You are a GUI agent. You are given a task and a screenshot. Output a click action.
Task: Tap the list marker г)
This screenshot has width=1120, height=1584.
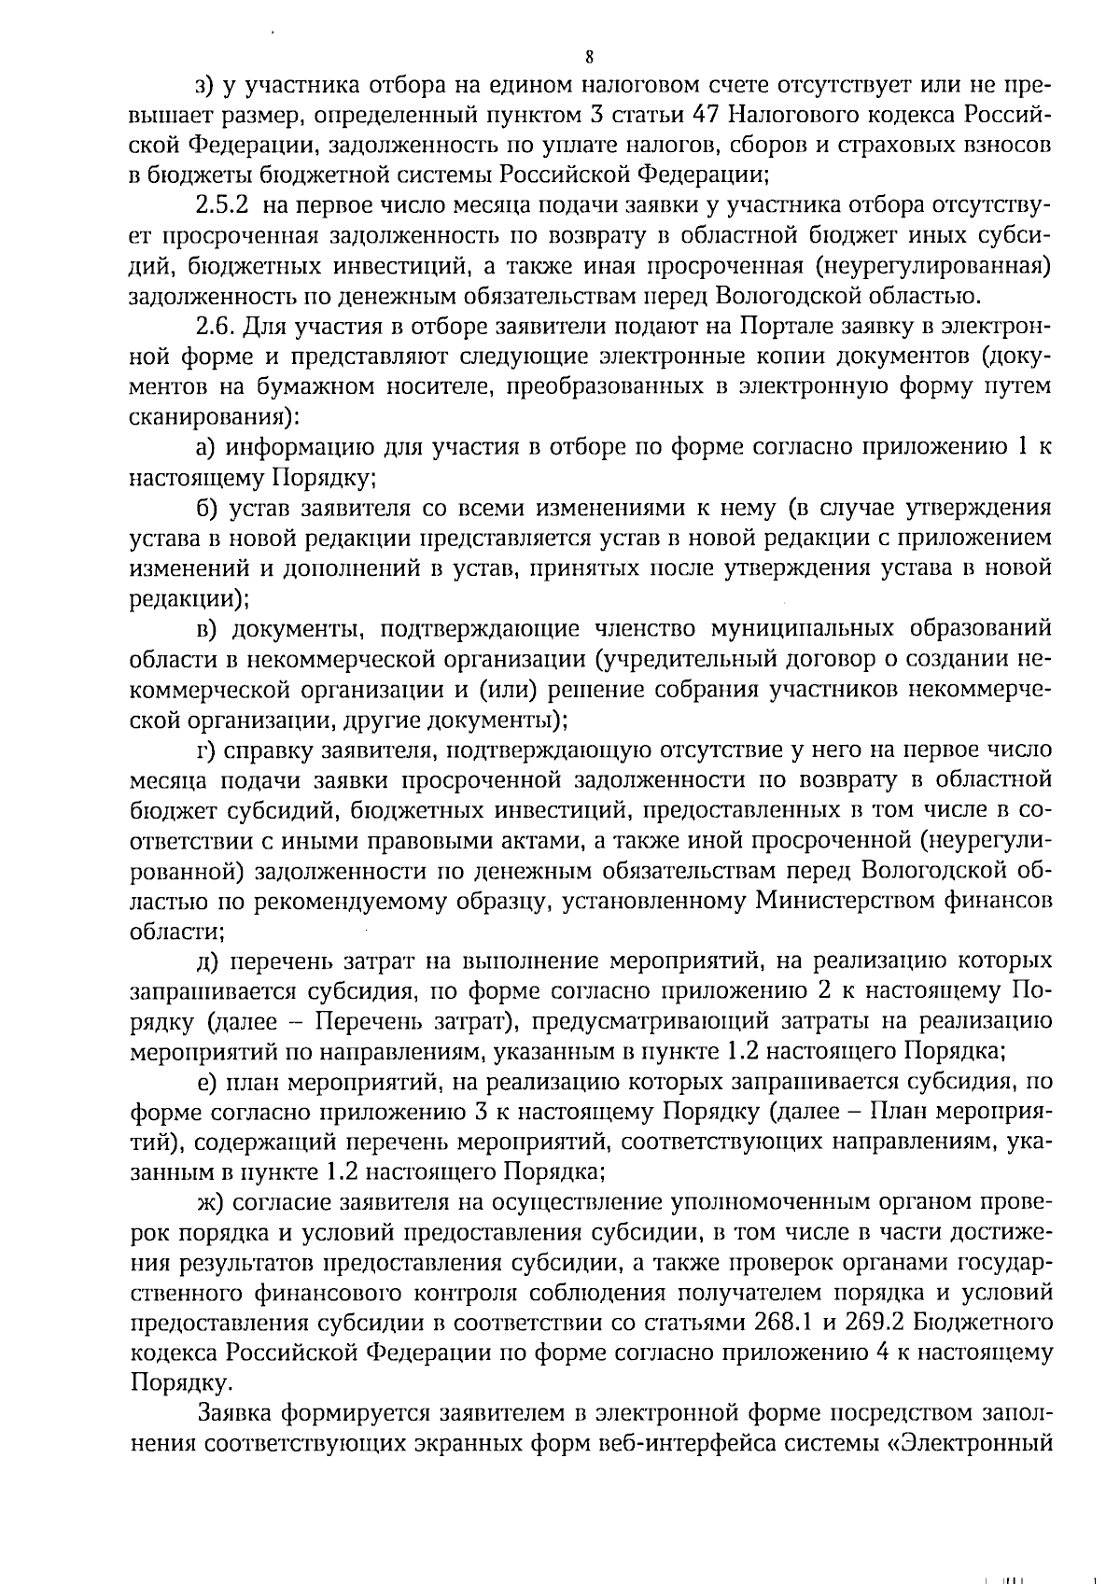(x=204, y=750)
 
